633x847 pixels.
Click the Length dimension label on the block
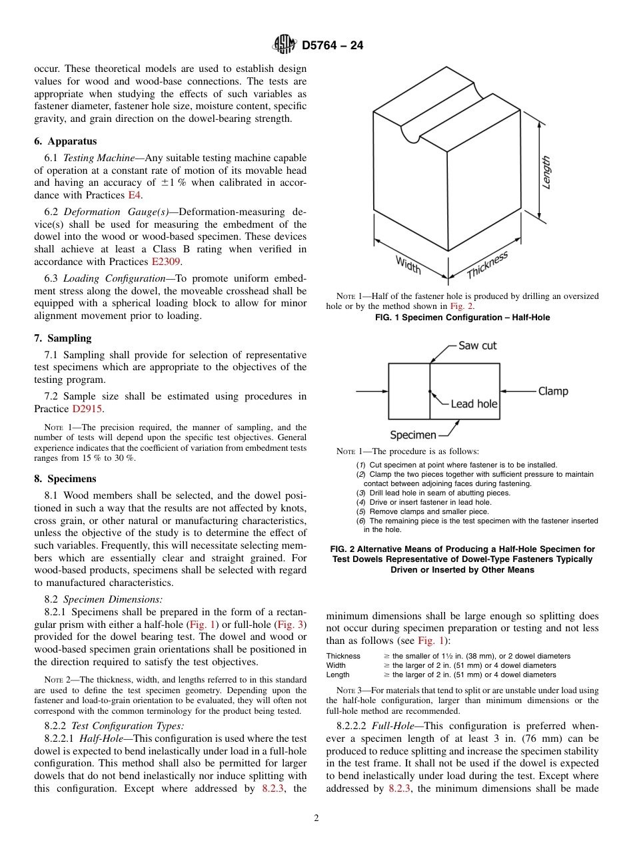point(546,172)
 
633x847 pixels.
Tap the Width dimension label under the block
point(408,264)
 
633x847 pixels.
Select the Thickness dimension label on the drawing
point(487,265)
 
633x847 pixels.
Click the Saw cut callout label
point(477,346)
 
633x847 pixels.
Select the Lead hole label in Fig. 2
point(474,404)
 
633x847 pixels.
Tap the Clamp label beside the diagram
point(553,391)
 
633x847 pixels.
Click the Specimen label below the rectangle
point(412,435)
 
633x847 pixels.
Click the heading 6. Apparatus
point(65,141)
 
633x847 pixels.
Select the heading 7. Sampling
point(63,338)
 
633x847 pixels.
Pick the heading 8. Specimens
point(65,479)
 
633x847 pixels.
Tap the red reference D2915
point(88,409)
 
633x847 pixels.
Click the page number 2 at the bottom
point(316,818)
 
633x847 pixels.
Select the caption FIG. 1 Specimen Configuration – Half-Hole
point(462,318)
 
